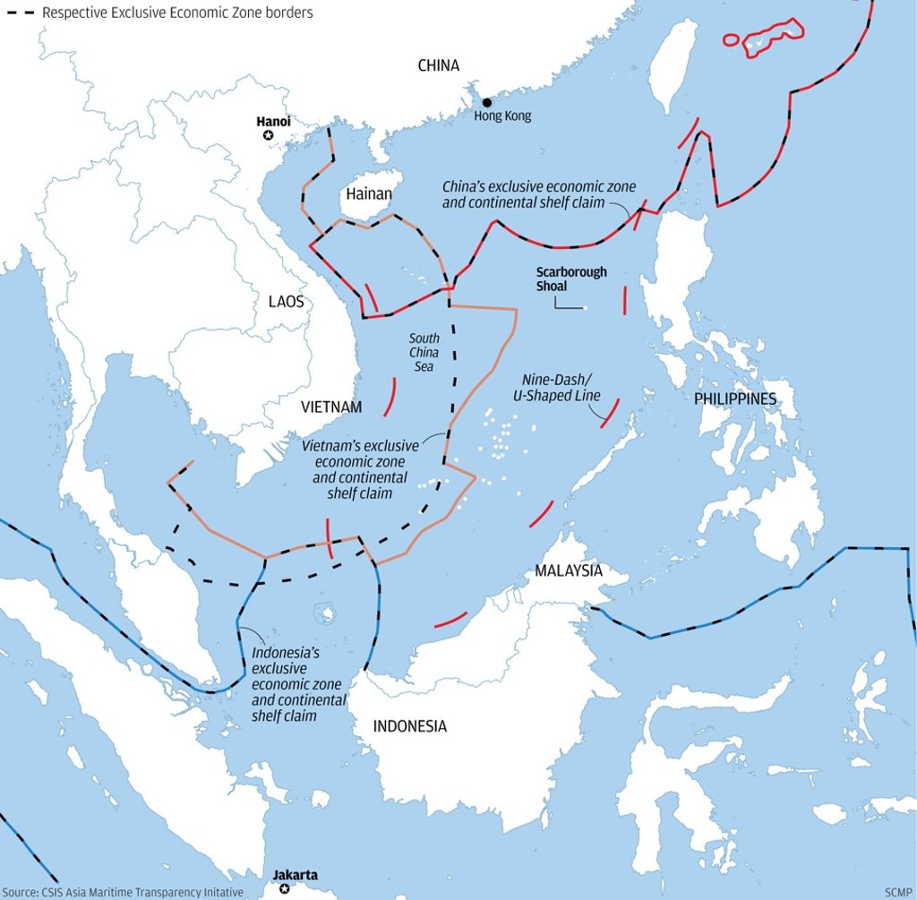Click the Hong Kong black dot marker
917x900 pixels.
coord(486,103)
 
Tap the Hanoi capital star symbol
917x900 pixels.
coord(268,135)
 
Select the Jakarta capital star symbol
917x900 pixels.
coord(285,888)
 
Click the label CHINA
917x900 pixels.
coord(439,65)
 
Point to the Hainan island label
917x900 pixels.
coord(368,193)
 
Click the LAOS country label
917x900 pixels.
coord(286,302)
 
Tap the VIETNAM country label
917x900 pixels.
coord(331,407)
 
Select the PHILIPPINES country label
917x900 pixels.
coord(735,399)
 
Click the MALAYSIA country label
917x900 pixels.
coord(569,570)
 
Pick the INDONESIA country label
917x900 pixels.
coord(409,726)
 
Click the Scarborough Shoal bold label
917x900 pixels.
coord(571,279)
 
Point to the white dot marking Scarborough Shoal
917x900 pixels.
coord(584,308)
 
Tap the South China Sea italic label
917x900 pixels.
coord(424,352)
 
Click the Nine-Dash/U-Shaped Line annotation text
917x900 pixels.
coord(561,388)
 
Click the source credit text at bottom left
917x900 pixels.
coord(122,892)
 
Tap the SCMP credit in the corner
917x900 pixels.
coord(897,892)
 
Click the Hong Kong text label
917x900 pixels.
coord(502,116)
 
